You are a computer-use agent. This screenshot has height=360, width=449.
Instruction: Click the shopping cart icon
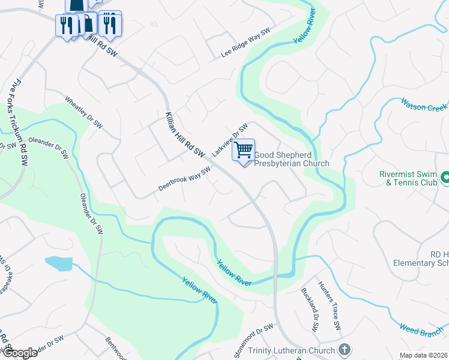click(x=243, y=150)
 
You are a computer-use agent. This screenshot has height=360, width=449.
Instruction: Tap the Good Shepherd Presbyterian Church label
click(x=292, y=159)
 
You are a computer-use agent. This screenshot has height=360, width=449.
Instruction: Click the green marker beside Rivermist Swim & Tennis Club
click(x=445, y=177)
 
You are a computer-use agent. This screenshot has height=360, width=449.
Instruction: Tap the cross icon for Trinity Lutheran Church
click(x=345, y=349)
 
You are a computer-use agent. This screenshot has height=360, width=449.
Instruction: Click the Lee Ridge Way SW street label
click(x=246, y=44)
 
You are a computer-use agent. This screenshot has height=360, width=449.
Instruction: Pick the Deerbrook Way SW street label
click(x=184, y=179)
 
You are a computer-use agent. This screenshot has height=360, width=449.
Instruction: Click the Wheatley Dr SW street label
click(x=84, y=112)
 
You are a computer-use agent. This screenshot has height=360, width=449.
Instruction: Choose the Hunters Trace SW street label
click(x=330, y=306)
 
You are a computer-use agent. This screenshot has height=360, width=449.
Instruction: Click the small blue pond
click(x=58, y=263)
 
